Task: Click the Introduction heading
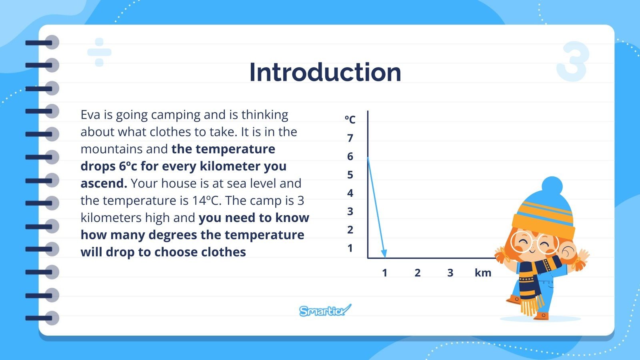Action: coord(325,72)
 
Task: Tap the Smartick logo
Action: coord(325,310)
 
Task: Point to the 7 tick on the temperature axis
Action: coord(350,138)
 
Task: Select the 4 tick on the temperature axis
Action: coord(350,193)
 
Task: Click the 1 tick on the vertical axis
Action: coord(350,248)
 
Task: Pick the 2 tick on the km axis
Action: coord(417,273)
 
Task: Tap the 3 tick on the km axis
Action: coord(450,273)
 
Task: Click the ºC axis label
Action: coord(350,119)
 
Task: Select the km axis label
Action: coord(483,273)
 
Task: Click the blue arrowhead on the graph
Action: coord(384,254)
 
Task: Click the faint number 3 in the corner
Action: coord(573,62)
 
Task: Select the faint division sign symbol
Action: coord(99,52)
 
